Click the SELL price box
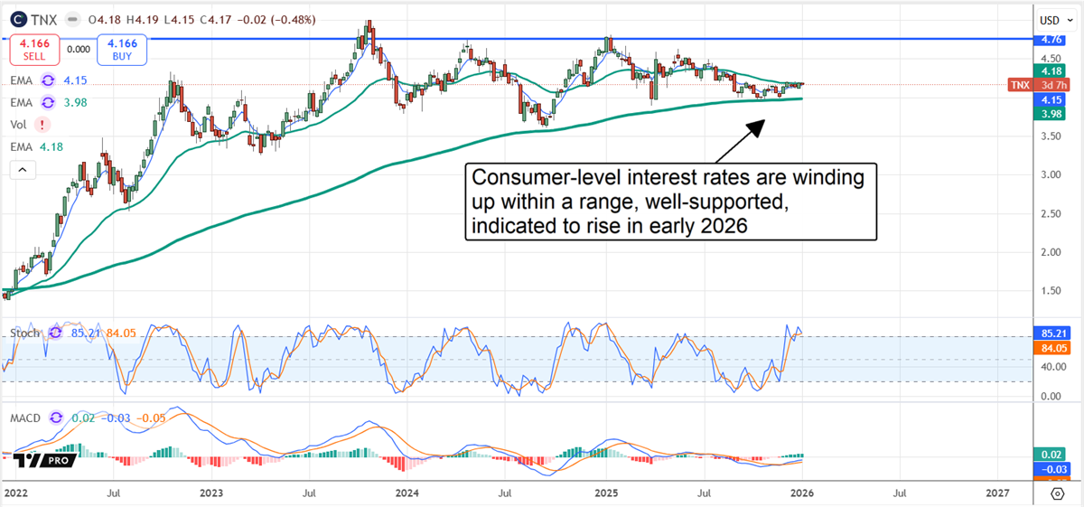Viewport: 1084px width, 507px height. click(35, 50)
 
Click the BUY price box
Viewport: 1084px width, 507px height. click(122, 50)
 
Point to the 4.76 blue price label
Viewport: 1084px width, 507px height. click(1050, 40)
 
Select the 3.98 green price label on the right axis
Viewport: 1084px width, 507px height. click(1050, 113)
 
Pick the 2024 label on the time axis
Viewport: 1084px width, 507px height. click(406, 493)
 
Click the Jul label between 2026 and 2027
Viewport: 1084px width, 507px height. click(900, 493)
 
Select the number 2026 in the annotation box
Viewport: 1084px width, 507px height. click(725, 226)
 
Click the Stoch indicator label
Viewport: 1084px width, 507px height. click(25, 333)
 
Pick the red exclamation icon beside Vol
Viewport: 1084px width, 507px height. click(42, 125)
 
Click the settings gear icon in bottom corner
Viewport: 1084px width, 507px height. click(1058, 493)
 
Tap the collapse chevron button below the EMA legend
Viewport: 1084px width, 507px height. click(23, 169)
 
